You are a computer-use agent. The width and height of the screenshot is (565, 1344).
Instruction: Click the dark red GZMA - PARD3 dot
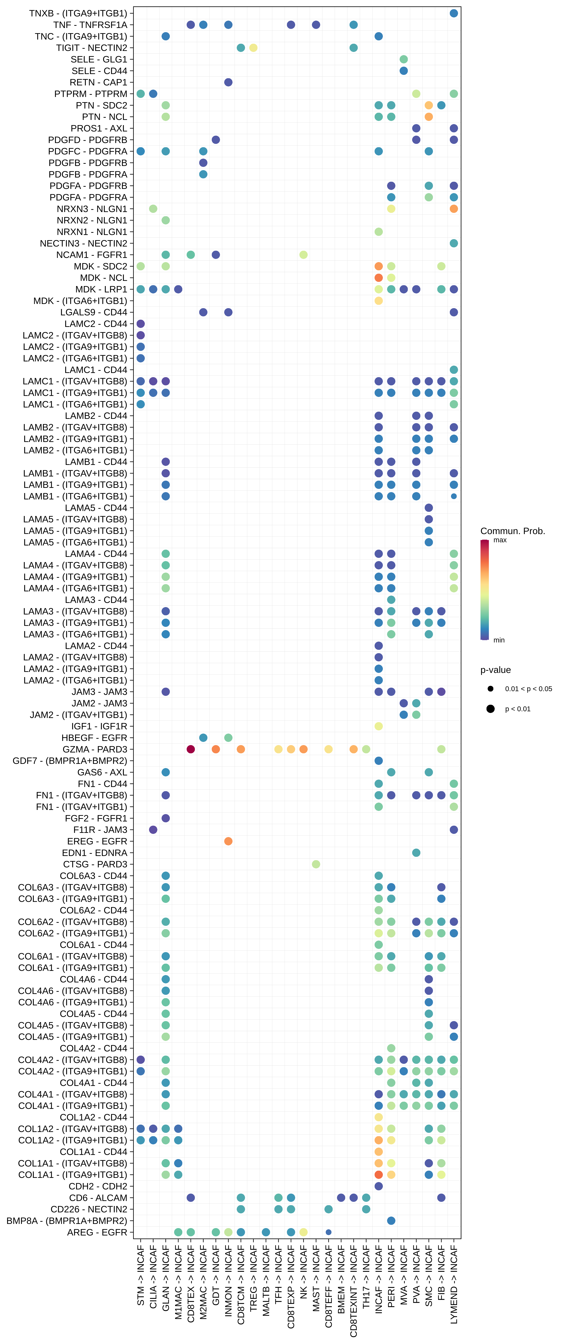coord(191,749)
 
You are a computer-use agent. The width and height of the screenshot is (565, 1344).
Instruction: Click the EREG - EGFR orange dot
coord(228,841)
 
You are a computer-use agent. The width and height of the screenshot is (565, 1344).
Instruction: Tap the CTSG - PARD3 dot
coord(316,864)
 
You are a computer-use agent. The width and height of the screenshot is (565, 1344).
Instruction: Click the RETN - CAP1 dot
coord(228,82)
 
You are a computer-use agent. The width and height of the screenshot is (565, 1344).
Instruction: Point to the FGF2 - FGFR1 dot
coord(165,818)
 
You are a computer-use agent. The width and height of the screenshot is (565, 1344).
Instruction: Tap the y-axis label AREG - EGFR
coord(97,1232)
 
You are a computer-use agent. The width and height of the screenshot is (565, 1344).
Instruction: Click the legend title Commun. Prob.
coord(512,531)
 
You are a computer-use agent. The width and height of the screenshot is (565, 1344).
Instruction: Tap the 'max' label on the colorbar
coord(500,540)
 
